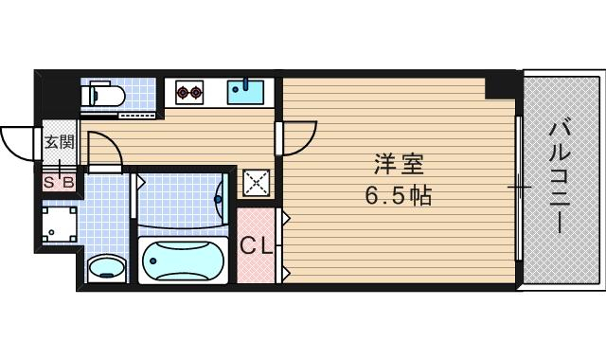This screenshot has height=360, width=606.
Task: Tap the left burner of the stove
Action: pyautogui.click(x=183, y=93)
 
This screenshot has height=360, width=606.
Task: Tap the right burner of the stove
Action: pyautogui.click(x=197, y=93)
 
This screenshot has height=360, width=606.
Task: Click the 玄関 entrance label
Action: pyautogui.click(x=59, y=143)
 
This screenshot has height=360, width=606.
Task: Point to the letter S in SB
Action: pyautogui.click(x=49, y=181)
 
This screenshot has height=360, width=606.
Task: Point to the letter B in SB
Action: pyautogui.click(x=67, y=181)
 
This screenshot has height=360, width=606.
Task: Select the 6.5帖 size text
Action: pyautogui.click(x=399, y=196)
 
